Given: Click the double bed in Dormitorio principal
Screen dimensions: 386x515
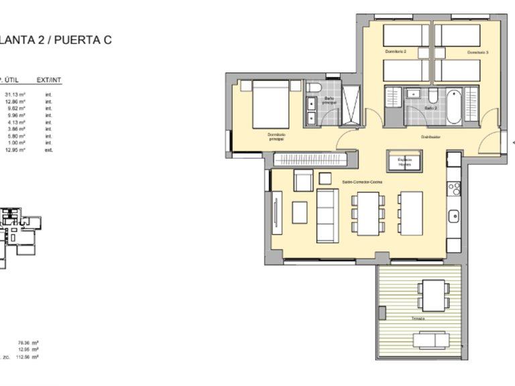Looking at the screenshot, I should (x=271, y=104).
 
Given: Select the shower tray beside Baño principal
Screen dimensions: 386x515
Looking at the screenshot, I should (x=349, y=105).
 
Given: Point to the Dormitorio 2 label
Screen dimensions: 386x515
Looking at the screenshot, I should (x=396, y=52).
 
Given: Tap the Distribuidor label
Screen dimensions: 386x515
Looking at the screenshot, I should (x=430, y=137).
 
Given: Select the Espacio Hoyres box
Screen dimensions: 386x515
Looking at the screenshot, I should (x=404, y=162).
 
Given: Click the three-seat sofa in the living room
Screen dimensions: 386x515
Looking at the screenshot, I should (x=327, y=216).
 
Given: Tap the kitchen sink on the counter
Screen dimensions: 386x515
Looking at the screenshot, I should (x=454, y=216).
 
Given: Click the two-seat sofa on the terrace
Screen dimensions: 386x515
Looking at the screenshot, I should (x=428, y=340).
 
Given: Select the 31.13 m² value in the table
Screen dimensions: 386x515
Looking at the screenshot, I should (x=15, y=94).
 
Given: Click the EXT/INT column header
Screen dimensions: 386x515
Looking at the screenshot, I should (x=49, y=80).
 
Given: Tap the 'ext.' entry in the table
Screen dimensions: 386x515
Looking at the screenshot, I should (x=48, y=149).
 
